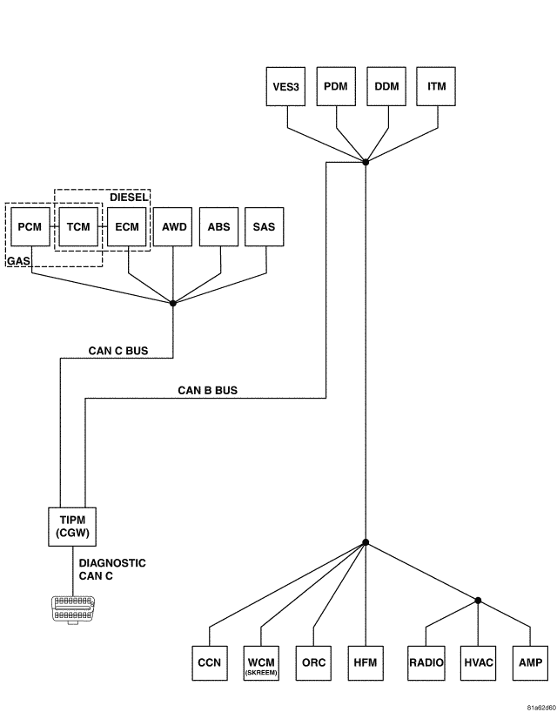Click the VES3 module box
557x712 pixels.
coord(283,87)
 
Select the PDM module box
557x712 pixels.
coord(334,87)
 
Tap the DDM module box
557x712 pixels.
coord(386,87)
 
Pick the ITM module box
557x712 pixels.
coord(437,87)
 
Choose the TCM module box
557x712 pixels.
coord(78,227)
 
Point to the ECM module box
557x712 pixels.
coord(127,227)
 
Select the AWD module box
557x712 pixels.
coord(173,227)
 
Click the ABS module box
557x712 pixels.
coord(219,227)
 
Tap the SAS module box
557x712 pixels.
coord(265,227)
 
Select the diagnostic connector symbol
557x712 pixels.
coord(72,608)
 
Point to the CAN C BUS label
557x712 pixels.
coord(118,352)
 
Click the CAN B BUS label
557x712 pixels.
coord(207,391)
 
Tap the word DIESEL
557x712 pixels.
coord(129,198)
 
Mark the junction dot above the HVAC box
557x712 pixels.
coord(479,600)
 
